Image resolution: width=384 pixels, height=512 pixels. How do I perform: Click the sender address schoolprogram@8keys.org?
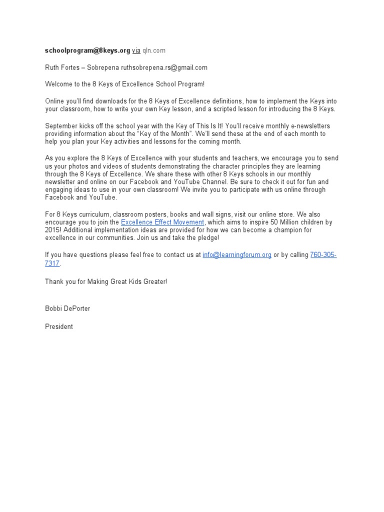(x=87, y=50)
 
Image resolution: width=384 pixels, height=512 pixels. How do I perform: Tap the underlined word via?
(x=136, y=50)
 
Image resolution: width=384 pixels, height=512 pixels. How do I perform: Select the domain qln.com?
(x=154, y=50)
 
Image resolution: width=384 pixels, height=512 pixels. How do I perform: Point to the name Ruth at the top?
(x=52, y=67)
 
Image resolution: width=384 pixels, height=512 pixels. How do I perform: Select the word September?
(x=61, y=126)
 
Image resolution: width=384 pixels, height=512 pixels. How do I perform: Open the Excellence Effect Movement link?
(x=162, y=222)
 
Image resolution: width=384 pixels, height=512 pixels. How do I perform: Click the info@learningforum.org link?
(x=237, y=255)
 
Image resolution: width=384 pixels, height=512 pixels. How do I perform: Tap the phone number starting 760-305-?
(x=323, y=255)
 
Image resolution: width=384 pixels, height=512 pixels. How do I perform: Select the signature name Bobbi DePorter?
(x=67, y=308)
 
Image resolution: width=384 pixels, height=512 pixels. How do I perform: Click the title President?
(x=59, y=326)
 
